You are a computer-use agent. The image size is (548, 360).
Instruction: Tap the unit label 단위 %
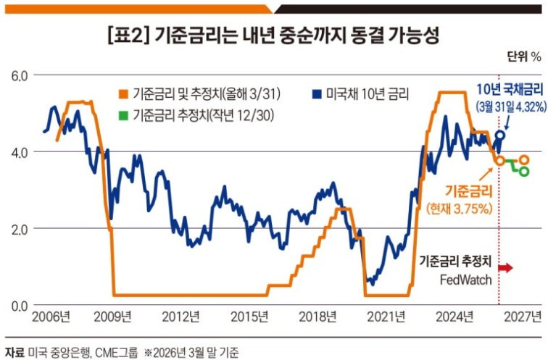pos(524,56)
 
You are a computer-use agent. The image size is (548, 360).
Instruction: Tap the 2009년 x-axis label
pos(115,317)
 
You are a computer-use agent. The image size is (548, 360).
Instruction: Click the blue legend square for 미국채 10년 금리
pos(316,94)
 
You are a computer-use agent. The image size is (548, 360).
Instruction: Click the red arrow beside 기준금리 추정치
pos(505,268)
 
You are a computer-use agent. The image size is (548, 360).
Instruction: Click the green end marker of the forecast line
pos(524,171)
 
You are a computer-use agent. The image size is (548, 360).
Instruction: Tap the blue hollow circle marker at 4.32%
pos(501,135)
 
